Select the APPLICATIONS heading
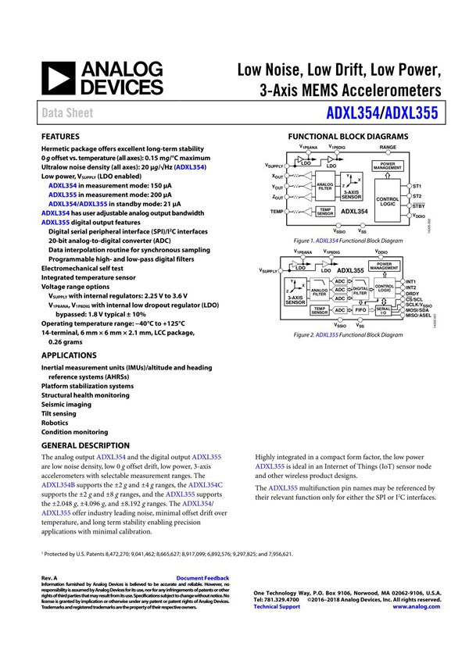[70, 355]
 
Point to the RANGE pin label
[388, 147]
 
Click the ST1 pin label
[417, 186]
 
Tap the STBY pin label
[418, 206]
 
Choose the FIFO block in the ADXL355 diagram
[360, 310]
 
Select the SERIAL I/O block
[383, 310]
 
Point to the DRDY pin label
[414, 294]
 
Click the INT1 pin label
[412, 280]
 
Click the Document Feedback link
[202, 578]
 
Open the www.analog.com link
[417, 606]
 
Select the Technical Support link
[277, 606]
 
